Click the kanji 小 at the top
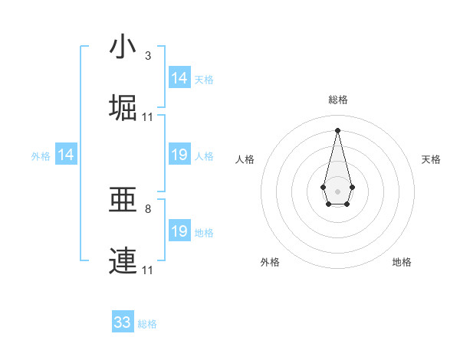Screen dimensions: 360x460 123,47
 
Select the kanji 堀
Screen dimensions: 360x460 123,107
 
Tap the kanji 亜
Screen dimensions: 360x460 123,201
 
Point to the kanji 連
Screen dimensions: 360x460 123,260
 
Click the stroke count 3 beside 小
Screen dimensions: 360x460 147,56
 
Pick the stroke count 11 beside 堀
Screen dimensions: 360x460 148,117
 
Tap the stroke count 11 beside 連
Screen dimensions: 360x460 148,270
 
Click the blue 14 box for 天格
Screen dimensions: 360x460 179,78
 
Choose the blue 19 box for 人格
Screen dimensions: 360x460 179,155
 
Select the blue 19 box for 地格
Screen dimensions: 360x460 179,231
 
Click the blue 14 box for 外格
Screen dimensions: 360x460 66,155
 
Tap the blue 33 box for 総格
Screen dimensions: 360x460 123,322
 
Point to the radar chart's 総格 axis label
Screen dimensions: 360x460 337,100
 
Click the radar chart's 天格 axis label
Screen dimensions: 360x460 431,159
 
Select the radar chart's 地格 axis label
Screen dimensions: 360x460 402,262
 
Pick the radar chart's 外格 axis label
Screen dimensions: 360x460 270,262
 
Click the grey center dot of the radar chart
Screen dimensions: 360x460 337,190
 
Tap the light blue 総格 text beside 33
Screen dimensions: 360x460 147,324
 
